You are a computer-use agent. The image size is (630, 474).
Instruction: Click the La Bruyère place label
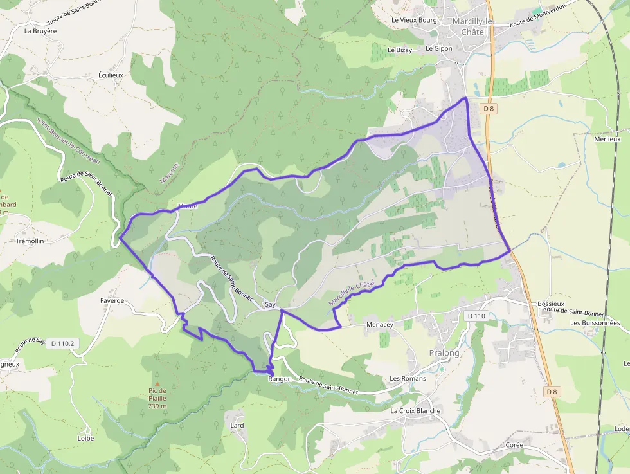click(x=40, y=30)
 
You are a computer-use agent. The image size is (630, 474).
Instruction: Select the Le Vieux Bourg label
click(x=414, y=20)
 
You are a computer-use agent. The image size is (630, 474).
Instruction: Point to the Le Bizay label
click(x=399, y=50)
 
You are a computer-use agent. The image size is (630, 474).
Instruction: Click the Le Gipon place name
click(x=439, y=48)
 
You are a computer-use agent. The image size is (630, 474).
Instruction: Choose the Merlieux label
click(x=607, y=139)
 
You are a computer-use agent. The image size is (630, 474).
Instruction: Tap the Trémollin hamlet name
click(x=30, y=241)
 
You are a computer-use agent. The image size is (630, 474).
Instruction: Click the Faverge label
click(x=112, y=300)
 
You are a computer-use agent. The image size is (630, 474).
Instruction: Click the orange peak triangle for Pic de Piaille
click(x=157, y=383)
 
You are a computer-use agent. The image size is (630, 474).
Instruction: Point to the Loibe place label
click(x=85, y=438)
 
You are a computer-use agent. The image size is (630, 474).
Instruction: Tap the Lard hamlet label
click(x=237, y=426)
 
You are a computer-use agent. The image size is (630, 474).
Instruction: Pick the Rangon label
click(x=280, y=379)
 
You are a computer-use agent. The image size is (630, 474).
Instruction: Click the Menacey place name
click(x=379, y=325)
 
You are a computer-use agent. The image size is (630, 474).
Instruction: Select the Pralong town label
click(x=444, y=353)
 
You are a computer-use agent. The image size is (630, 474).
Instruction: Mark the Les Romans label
click(x=408, y=378)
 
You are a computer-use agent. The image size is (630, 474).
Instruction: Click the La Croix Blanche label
click(x=415, y=410)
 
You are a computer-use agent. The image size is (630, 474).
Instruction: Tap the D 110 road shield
click(x=476, y=316)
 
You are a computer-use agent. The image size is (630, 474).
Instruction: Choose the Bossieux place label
click(x=550, y=303)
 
